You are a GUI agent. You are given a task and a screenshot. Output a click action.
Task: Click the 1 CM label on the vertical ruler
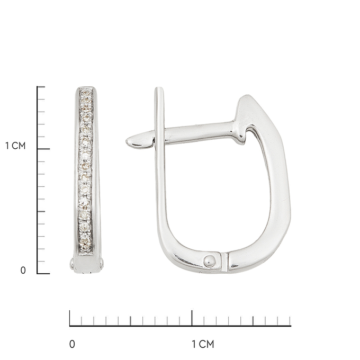(x=15, y=146)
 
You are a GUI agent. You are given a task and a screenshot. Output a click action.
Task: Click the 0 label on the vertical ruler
(x=23, y=271)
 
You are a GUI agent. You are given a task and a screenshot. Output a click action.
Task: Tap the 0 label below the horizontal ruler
(x=72, y=344)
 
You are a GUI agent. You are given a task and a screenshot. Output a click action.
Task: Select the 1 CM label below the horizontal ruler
(x=203, y=344)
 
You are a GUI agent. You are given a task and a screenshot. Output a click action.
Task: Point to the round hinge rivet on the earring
(x=210, y=261)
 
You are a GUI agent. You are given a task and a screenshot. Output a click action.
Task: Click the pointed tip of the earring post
(x=127, y=141)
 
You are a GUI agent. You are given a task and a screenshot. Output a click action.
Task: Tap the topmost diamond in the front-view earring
(x=86, y=93)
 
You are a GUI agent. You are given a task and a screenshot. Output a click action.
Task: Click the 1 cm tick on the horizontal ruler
(x=192, y=318)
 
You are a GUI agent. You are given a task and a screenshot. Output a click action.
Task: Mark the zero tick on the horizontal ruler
(x=70, y=318)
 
